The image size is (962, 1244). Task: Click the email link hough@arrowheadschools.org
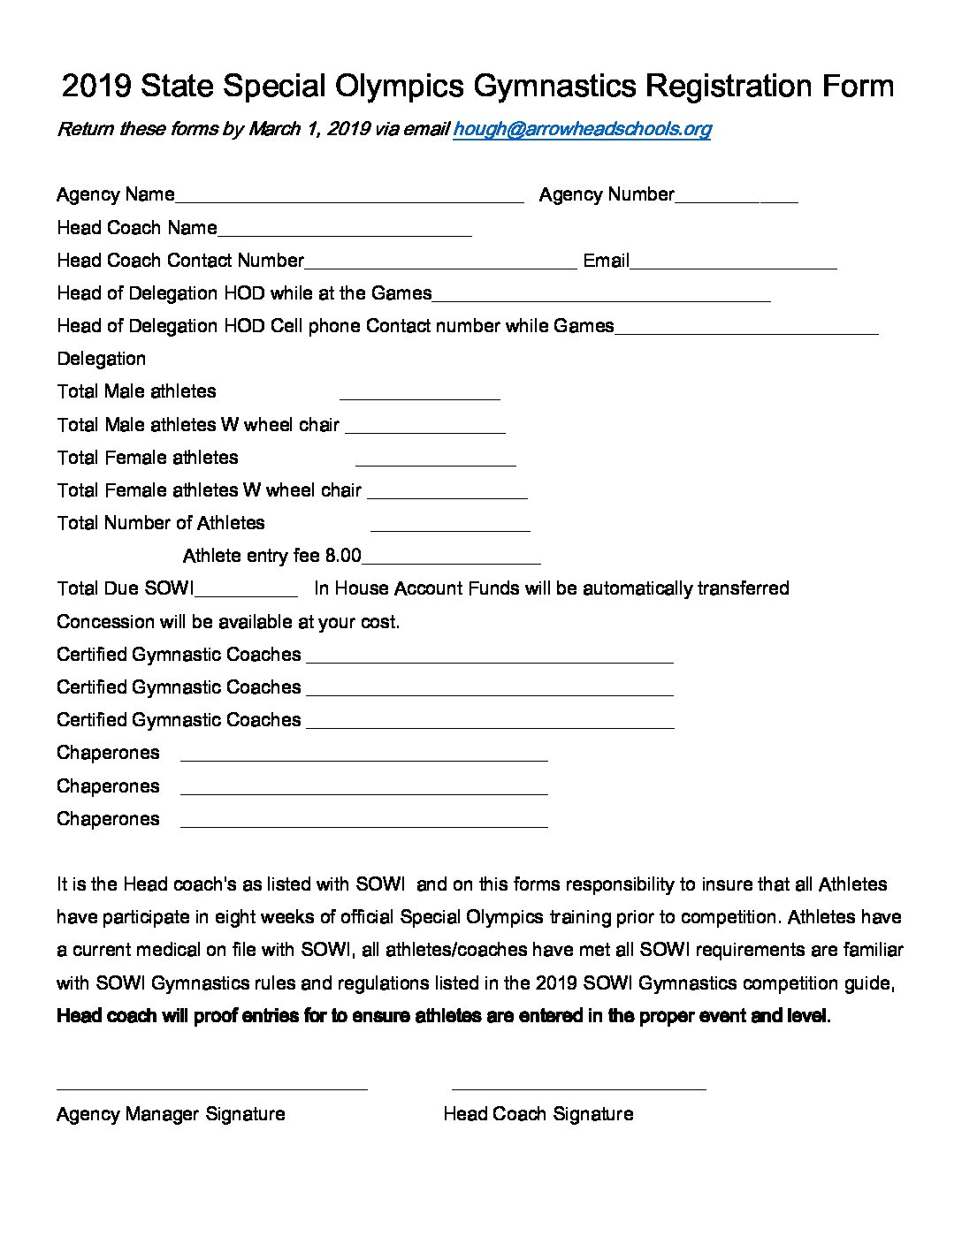coord(582,129)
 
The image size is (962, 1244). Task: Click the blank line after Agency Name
coord(349,196)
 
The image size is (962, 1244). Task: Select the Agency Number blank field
coord(736,196)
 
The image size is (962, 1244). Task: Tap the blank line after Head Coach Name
coord(344,230)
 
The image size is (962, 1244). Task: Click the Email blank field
coord(733,262)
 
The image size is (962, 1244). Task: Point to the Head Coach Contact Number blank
coord(440,262)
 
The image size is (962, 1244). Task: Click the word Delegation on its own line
coord(101,359)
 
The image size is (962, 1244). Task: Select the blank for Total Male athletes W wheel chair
coord(425,427)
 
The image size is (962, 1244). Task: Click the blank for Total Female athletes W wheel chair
coord(447,492)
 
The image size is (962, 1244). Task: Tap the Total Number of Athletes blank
coord(450,525)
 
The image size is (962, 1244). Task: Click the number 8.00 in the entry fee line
coord(343,556)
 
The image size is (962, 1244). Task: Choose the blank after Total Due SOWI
coord(247,590)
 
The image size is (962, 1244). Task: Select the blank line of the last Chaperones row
coord(363,821)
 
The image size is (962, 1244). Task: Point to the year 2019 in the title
coord(96,86)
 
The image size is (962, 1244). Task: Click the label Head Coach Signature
coord(538,1114)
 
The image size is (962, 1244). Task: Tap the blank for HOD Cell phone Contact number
coord(746,328)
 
